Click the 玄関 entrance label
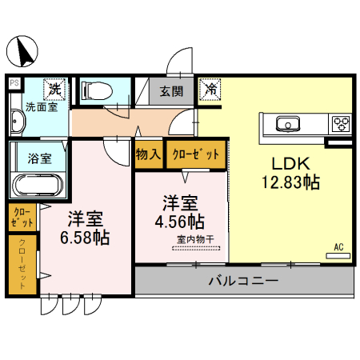click(x=170, y=90)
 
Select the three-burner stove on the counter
click(x=342, y=123)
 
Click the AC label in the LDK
click(x=338, y=246)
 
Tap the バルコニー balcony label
click(x=243, y=281)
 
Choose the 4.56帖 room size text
click(x=183, y=220)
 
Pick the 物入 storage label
click(x=149, y=154)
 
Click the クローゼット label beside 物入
click(x=196, y=154)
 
